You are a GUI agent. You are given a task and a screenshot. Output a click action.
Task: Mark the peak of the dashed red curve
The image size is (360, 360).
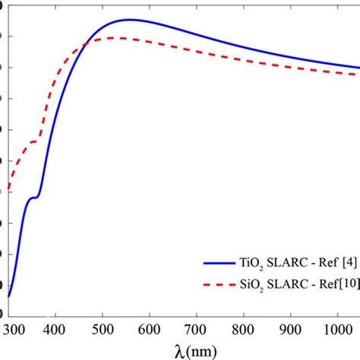[x=115, y=37]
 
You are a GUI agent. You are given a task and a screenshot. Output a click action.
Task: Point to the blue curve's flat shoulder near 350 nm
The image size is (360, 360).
[x=33, y=197]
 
